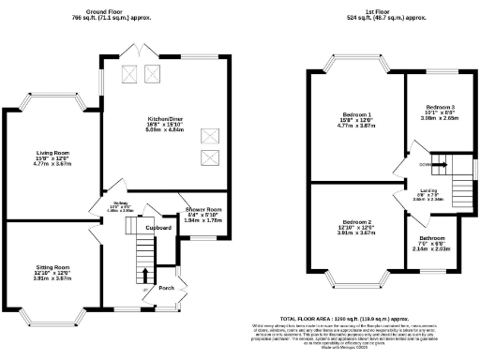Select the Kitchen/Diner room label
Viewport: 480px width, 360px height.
point(165,119)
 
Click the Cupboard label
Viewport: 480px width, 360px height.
point(157,227)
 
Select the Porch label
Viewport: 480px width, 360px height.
point(166,288)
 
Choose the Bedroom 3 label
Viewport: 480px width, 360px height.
point(439,107)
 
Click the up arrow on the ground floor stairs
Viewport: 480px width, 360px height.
point(145,275)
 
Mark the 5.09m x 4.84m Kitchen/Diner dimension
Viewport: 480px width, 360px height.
point(165,131)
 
